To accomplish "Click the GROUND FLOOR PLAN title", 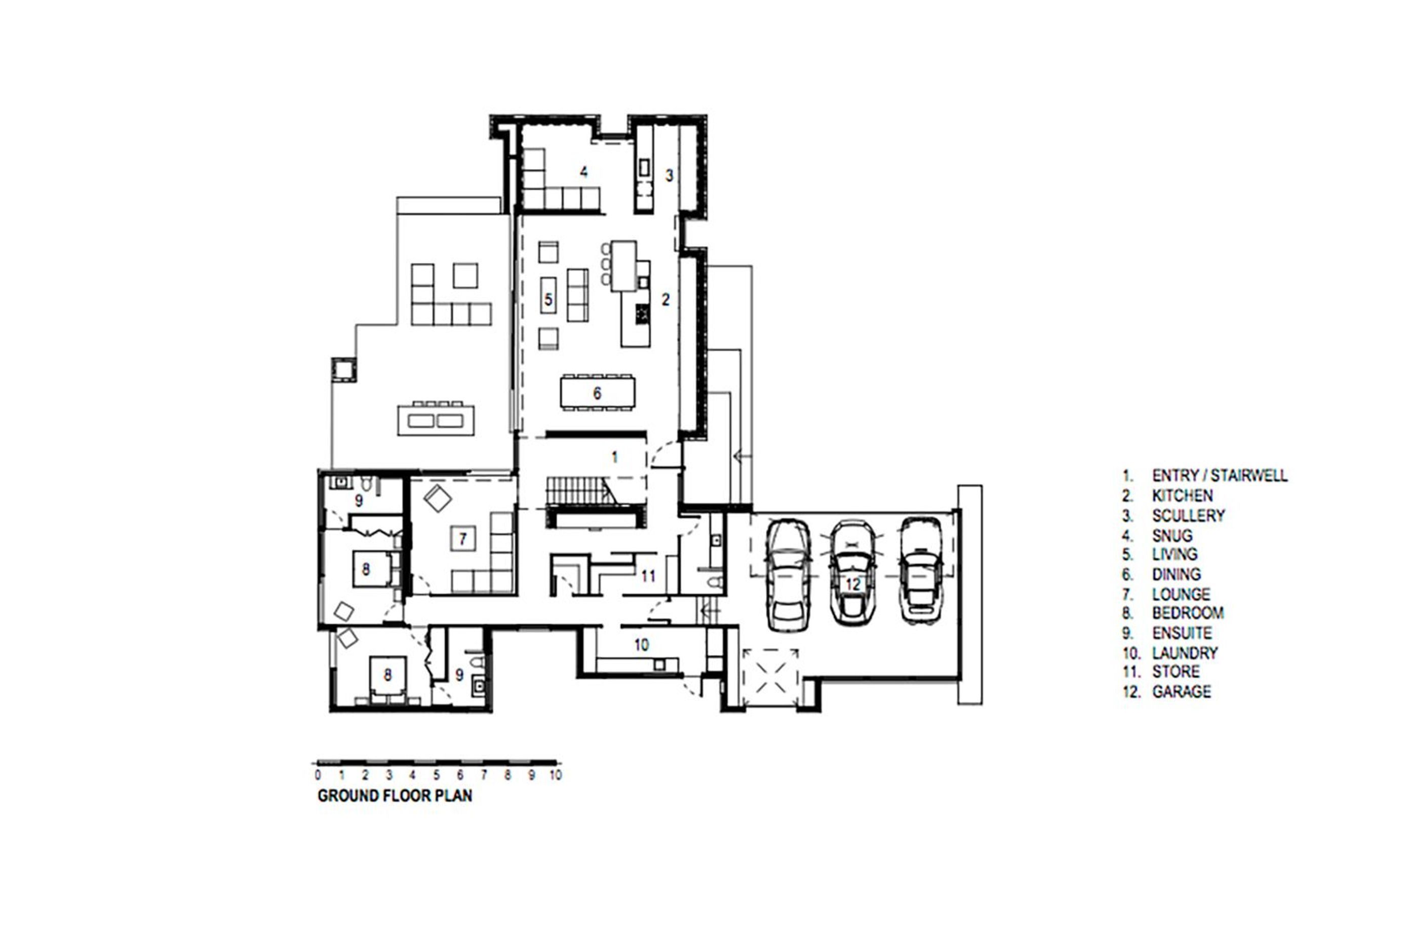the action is coord(395,796).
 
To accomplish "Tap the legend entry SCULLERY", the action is coord(1188,516).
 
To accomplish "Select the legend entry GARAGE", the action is coord(1182,691).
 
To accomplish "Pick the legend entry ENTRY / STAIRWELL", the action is coord(1220,476).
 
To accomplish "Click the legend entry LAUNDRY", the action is coord(1185,652).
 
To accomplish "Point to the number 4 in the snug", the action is coord(583,172).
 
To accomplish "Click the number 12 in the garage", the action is coord(852,584).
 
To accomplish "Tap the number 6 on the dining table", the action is coord(597,393).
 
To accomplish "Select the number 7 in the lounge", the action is coord(462,539).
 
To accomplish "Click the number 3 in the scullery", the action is coord(670,176).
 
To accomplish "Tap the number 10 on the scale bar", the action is coord(556,775).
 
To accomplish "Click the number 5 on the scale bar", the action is coord(437,775).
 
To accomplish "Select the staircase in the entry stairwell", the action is coord(581,490).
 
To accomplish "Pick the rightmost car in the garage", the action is coord(921,571).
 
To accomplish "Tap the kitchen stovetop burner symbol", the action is coord(643,314).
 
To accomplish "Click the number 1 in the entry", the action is coord(614,457).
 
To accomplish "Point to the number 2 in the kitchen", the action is coord(665,299).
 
